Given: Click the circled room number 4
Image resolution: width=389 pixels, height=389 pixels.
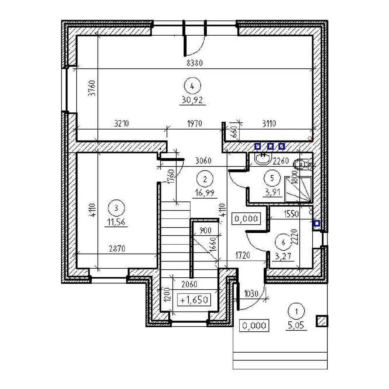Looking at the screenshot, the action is pyautogui.click(x=192, y=86).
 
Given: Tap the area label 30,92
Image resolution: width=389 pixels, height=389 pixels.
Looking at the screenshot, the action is pyautogui.click(x=192, y=100).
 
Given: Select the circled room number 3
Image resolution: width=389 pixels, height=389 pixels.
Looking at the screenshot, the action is pyautogui.click(x=116, y=208).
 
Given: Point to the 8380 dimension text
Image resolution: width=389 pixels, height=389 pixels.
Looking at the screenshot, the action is pyautogui.click(x=194, y=63).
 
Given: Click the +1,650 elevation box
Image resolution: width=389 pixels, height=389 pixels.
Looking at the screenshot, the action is pyautogui.click(x=194, y=300).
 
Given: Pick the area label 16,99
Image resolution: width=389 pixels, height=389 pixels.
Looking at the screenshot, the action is pyautogui.click(x=205, y=193).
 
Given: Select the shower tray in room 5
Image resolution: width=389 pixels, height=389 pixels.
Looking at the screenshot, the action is pyautogui.click(x=298, y=189).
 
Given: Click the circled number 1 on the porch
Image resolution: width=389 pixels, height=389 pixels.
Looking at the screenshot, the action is pyautogui.click(x=296, y=311).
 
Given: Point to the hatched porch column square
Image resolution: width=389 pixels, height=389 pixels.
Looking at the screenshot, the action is pyautogui.click(x=322, y=321).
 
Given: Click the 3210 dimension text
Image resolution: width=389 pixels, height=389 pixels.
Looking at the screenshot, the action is pyautogui.click(x=121, y=123).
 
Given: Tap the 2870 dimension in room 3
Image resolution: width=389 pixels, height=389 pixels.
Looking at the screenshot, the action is pyautogui.click(x=117, y=248).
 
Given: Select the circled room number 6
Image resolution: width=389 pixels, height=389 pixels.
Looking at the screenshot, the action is pyautogui.click(x=283, y=242).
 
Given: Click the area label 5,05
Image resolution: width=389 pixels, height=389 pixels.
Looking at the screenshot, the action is pyautogui.click(x=296, y=325).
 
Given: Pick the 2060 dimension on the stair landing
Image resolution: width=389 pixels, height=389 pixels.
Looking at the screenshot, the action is pyautogui.click(x=189, y=284).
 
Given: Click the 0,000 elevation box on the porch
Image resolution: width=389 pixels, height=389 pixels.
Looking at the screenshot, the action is pyautogui.click(x=254, y=325).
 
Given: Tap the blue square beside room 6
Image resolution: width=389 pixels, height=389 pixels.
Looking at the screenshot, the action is pyautogui.click(x=316, y=224).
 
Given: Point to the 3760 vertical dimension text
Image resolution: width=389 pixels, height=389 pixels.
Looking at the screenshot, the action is pyautogui.click(x=92, y=88).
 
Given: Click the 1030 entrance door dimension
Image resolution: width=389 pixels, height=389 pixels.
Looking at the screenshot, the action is pyautogui.click(x=251, y=294).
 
